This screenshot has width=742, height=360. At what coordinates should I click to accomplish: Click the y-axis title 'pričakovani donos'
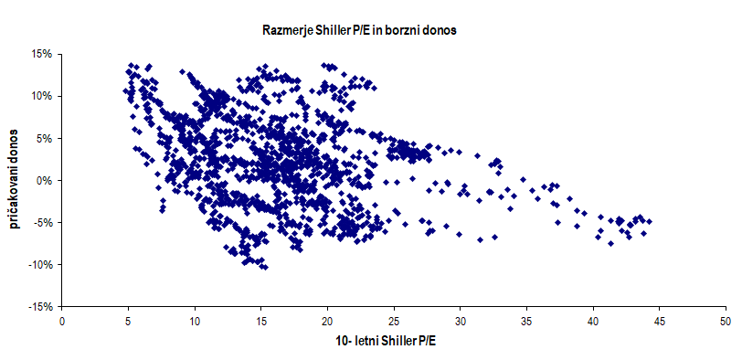(x=16, y=180)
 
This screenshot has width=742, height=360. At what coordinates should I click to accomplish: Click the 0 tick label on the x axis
(x=62, y=323)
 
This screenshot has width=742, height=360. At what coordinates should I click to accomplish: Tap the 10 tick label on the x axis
(x=195, y=323)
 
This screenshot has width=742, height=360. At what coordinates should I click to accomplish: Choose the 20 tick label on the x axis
(x=327, y=323)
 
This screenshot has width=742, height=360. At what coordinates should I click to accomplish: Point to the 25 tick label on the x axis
(x=394, y=323)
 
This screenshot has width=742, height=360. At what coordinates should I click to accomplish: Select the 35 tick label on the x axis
(x=526, y=323)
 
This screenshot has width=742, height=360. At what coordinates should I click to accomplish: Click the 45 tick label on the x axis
(x=659, y=323)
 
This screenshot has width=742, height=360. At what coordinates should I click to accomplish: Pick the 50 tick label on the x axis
(x=725, y=323)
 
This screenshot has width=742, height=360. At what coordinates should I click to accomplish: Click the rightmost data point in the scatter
(x=648, y=221)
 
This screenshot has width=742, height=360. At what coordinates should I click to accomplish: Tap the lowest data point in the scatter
(x=264, y=267)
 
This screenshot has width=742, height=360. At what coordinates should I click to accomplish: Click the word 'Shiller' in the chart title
(x=337, y=30)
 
